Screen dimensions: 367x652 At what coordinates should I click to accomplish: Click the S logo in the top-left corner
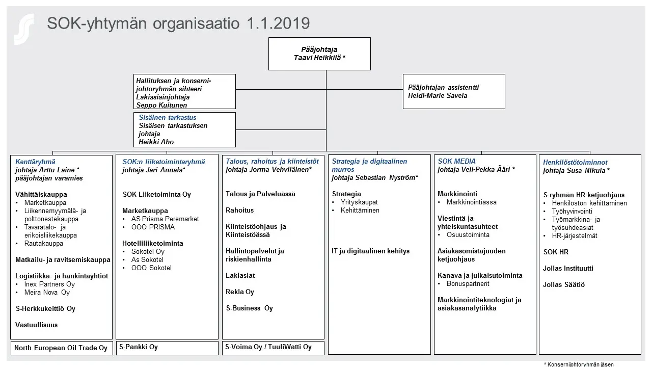click(x=24, y=29)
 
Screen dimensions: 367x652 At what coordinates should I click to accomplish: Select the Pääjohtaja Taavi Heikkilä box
click(x=319, y=54)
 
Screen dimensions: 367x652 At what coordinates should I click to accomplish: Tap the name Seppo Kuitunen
click(x=161, y=105)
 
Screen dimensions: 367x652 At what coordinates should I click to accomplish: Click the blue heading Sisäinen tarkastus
click(x=168, y=117)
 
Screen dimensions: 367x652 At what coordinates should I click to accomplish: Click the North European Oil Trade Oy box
click(x=61, y=348)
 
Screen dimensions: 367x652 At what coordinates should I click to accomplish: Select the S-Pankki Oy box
click(x=167, y=347)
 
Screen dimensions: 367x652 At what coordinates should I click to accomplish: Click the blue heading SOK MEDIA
click(x=456, y=162)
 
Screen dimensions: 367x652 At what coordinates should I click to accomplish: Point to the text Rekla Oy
click(x=240, y=292)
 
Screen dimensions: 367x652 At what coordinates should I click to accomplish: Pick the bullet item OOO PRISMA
click(x=153, y=227)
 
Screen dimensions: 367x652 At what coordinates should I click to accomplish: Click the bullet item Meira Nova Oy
click(x=47, y=292)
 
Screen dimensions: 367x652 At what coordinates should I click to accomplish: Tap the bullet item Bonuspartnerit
click(x=468, y=283)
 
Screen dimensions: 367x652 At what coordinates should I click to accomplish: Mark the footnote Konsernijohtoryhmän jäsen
click(x=581, y=364)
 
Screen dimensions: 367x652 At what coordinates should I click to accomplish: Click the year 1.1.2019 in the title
click(x=278, y=23)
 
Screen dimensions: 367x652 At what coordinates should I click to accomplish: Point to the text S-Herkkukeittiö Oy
click(x=46, y=308)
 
